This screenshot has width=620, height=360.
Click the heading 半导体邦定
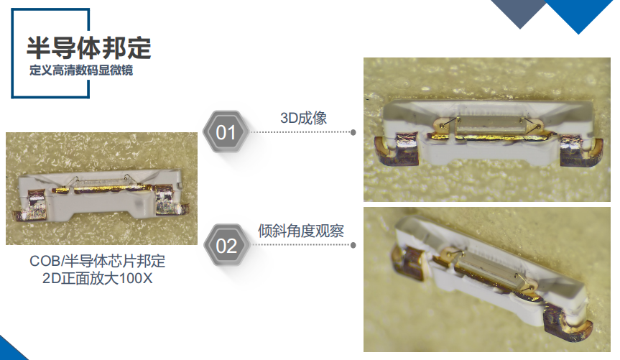click(88, 48)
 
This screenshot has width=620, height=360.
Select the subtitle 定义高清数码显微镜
click(81, 70)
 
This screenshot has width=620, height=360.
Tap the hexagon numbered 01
click(226, 132)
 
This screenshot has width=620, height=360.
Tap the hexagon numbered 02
click(226, 245)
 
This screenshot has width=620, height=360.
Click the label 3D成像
click(303, 118)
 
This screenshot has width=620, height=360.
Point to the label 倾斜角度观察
click(301, 231)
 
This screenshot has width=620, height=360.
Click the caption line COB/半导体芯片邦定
click(98, 261)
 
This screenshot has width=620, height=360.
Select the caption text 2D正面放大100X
click(97, 278)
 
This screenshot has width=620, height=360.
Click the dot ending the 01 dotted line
click(353, 132)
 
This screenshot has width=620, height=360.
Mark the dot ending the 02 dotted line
click(353, 245)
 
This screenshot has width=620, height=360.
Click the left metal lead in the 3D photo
click(397, 149)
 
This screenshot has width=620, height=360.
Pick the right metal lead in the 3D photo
click(580, 150)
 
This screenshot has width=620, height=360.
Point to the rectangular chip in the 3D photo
click(489, 126)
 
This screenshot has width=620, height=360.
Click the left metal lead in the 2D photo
click(31, 205)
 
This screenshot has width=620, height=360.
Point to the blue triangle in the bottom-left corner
click(10, 351)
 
